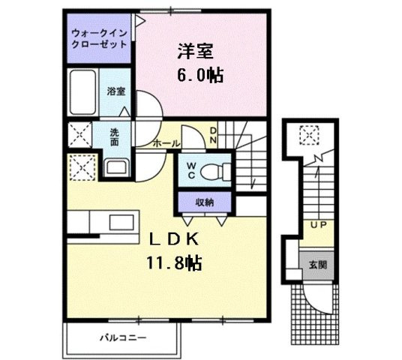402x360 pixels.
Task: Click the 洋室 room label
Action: [x=196, y=52]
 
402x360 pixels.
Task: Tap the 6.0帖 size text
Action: [x=199, y=76]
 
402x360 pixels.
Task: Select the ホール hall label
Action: [x=165, y=142]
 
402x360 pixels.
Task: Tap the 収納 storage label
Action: [x=205, y=202]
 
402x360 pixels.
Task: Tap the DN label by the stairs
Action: [x=213, y=135]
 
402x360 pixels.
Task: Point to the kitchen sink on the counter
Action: [x=118, y=223]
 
